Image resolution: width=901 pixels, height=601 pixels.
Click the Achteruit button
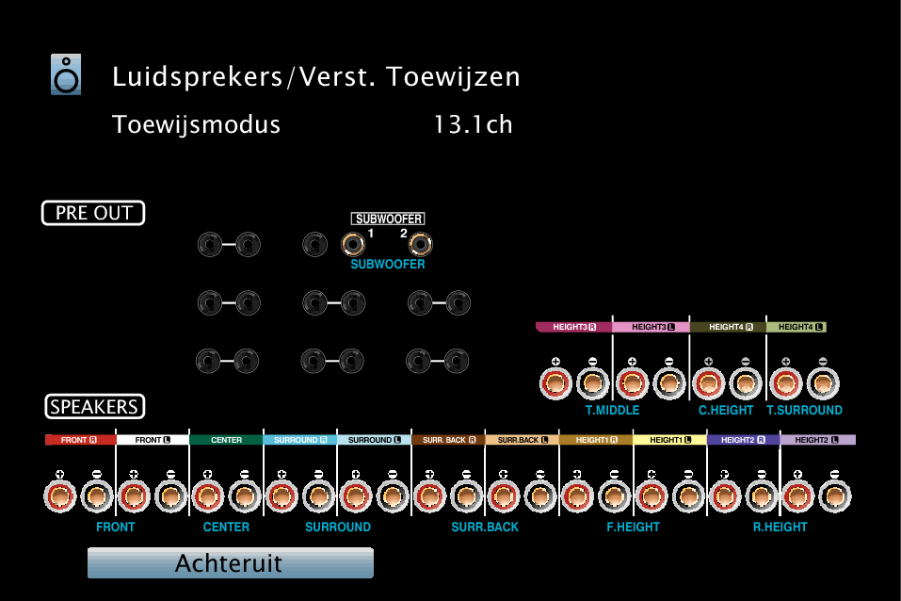tap(231, 563)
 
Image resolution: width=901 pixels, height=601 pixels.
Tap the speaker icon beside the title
tap(66, 74)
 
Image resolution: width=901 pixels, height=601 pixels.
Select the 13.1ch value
tap(473, 124)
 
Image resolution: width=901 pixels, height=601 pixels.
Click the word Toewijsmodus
tap(196, 124)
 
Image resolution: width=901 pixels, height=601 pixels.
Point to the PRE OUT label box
tap(93, 213)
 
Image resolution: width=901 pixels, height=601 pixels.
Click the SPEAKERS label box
tap(95, 407)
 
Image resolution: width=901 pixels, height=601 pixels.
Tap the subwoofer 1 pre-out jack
tap(353, 244)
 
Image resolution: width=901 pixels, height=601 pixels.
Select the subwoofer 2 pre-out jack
tap(420, 244)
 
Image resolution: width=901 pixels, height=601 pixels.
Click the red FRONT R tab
tap(80, 440)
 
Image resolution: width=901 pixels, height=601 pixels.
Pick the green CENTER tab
tap(226, 440)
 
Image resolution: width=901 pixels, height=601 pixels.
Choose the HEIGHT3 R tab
tap(573, 327)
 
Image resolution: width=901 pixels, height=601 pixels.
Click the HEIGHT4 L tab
tap(797, 327)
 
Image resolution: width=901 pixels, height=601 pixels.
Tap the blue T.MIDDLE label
tap(613, 410)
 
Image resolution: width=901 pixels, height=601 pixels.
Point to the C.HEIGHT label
tap(726, 410)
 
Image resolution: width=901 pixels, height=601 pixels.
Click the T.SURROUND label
tap(804, 410)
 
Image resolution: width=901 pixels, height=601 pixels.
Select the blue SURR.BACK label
tap(485, 527)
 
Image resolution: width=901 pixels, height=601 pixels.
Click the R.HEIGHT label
tap(780, 527)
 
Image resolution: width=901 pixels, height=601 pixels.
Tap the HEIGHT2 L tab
tap(818, 440)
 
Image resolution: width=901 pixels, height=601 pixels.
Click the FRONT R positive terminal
tap(59, 495)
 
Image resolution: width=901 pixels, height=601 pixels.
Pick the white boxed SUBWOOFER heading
tap(388, 219)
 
